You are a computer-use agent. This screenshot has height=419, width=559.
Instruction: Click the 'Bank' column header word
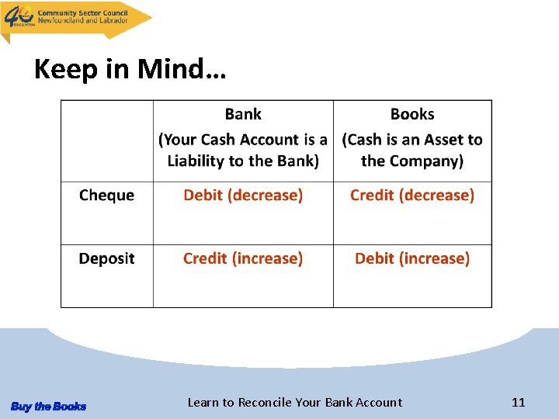pos(243,114)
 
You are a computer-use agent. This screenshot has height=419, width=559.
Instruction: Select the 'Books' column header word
pos(412,114)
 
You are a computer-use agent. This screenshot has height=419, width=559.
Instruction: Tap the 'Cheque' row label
pos(106,196)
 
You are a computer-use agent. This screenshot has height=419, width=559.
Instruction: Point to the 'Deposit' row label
pos(106,258)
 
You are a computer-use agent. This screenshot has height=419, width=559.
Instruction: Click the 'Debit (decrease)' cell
pos(243,196)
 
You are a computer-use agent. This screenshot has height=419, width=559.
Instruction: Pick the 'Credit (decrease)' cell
pos(412,196)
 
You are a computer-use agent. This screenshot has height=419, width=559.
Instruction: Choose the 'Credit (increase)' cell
pos(243,258)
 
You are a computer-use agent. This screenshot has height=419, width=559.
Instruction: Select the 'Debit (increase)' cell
pos(412,258)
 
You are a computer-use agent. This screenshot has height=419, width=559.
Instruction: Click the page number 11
pos(519,402)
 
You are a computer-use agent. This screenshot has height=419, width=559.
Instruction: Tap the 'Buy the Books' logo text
pos(48,407)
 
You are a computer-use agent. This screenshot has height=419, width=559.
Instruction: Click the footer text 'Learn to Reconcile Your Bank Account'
pos(295,402)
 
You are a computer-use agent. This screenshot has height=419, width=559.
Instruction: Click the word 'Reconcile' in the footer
pos(265,402)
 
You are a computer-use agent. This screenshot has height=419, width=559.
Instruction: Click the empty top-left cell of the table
pos(106,140)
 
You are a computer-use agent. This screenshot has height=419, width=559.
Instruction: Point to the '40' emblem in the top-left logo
pos(19,16)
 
